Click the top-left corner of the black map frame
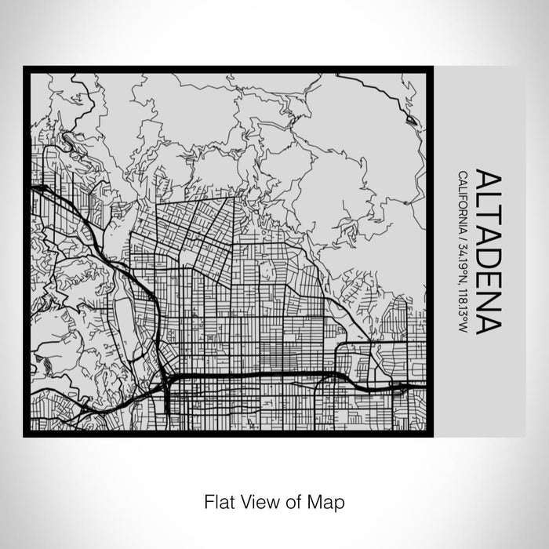pyautogui.click(x=26, y=69)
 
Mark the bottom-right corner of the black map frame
pyautogui.click(x=429, y=433)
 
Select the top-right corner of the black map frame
pyautogui.click(x=429, y=69)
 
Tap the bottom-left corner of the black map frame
pyautogui.click(x=26, y=433)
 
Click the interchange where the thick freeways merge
pyautogui.click(x=167, y=380)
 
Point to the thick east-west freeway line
pyautogui.click(x=259, y=376)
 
